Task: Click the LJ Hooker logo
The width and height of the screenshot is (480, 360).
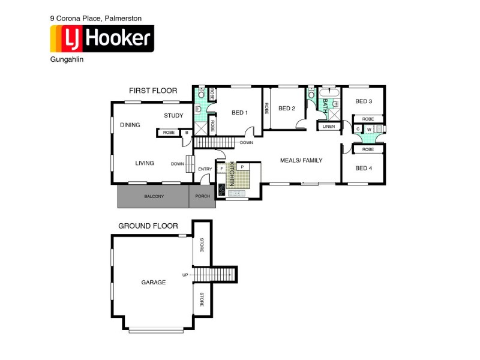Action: [x=102, y=40]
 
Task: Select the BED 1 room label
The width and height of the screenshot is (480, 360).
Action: [x=240, y=113]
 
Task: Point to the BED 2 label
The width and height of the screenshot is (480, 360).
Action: [x=286, y=109]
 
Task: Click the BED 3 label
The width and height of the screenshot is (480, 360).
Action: [x=364, y=101]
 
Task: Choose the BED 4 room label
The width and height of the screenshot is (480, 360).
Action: [x=364, y=168]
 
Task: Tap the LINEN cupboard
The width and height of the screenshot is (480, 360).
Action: [x=328, y=127]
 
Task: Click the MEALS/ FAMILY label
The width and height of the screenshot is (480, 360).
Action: [x=302, y=160]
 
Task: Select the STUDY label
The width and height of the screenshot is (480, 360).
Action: [x=173, y=115]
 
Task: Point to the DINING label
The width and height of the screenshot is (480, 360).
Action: [x=130, y=125]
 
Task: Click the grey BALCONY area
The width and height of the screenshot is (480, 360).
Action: [x=154, y=196]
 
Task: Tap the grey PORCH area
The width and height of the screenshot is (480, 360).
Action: [x=202, y=196]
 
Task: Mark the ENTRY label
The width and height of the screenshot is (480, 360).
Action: [x=205, y=169]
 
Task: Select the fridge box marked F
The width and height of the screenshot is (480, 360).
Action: [x=222, y=169]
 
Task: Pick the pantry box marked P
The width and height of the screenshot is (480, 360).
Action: [x=242, y=166]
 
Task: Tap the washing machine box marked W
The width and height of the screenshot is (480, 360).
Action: [x=370, y=129]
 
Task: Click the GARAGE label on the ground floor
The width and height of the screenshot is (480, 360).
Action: [x=153, y=281]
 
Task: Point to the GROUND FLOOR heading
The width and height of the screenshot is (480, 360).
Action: [x=148, y=226]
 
